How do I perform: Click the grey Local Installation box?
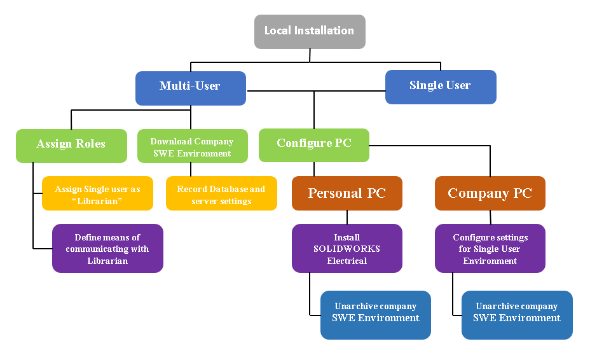pos(310,31)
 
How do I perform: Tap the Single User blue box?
pos(440,87)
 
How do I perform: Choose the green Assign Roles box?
pos(71,145)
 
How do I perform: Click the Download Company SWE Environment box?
pos(191,146)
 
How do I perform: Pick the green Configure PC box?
pos(313,144)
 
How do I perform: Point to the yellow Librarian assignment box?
pos(97,193)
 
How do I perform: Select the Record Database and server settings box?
pos(221,193)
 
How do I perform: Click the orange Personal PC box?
pos(346,193)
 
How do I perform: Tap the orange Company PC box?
pos(490,193)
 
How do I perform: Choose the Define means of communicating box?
pos(107,248)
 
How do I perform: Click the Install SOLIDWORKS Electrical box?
pos(346,248)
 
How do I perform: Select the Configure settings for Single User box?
pos(490,248)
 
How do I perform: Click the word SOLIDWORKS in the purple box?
pos(346,249)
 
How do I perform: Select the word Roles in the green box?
pos(90,144)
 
